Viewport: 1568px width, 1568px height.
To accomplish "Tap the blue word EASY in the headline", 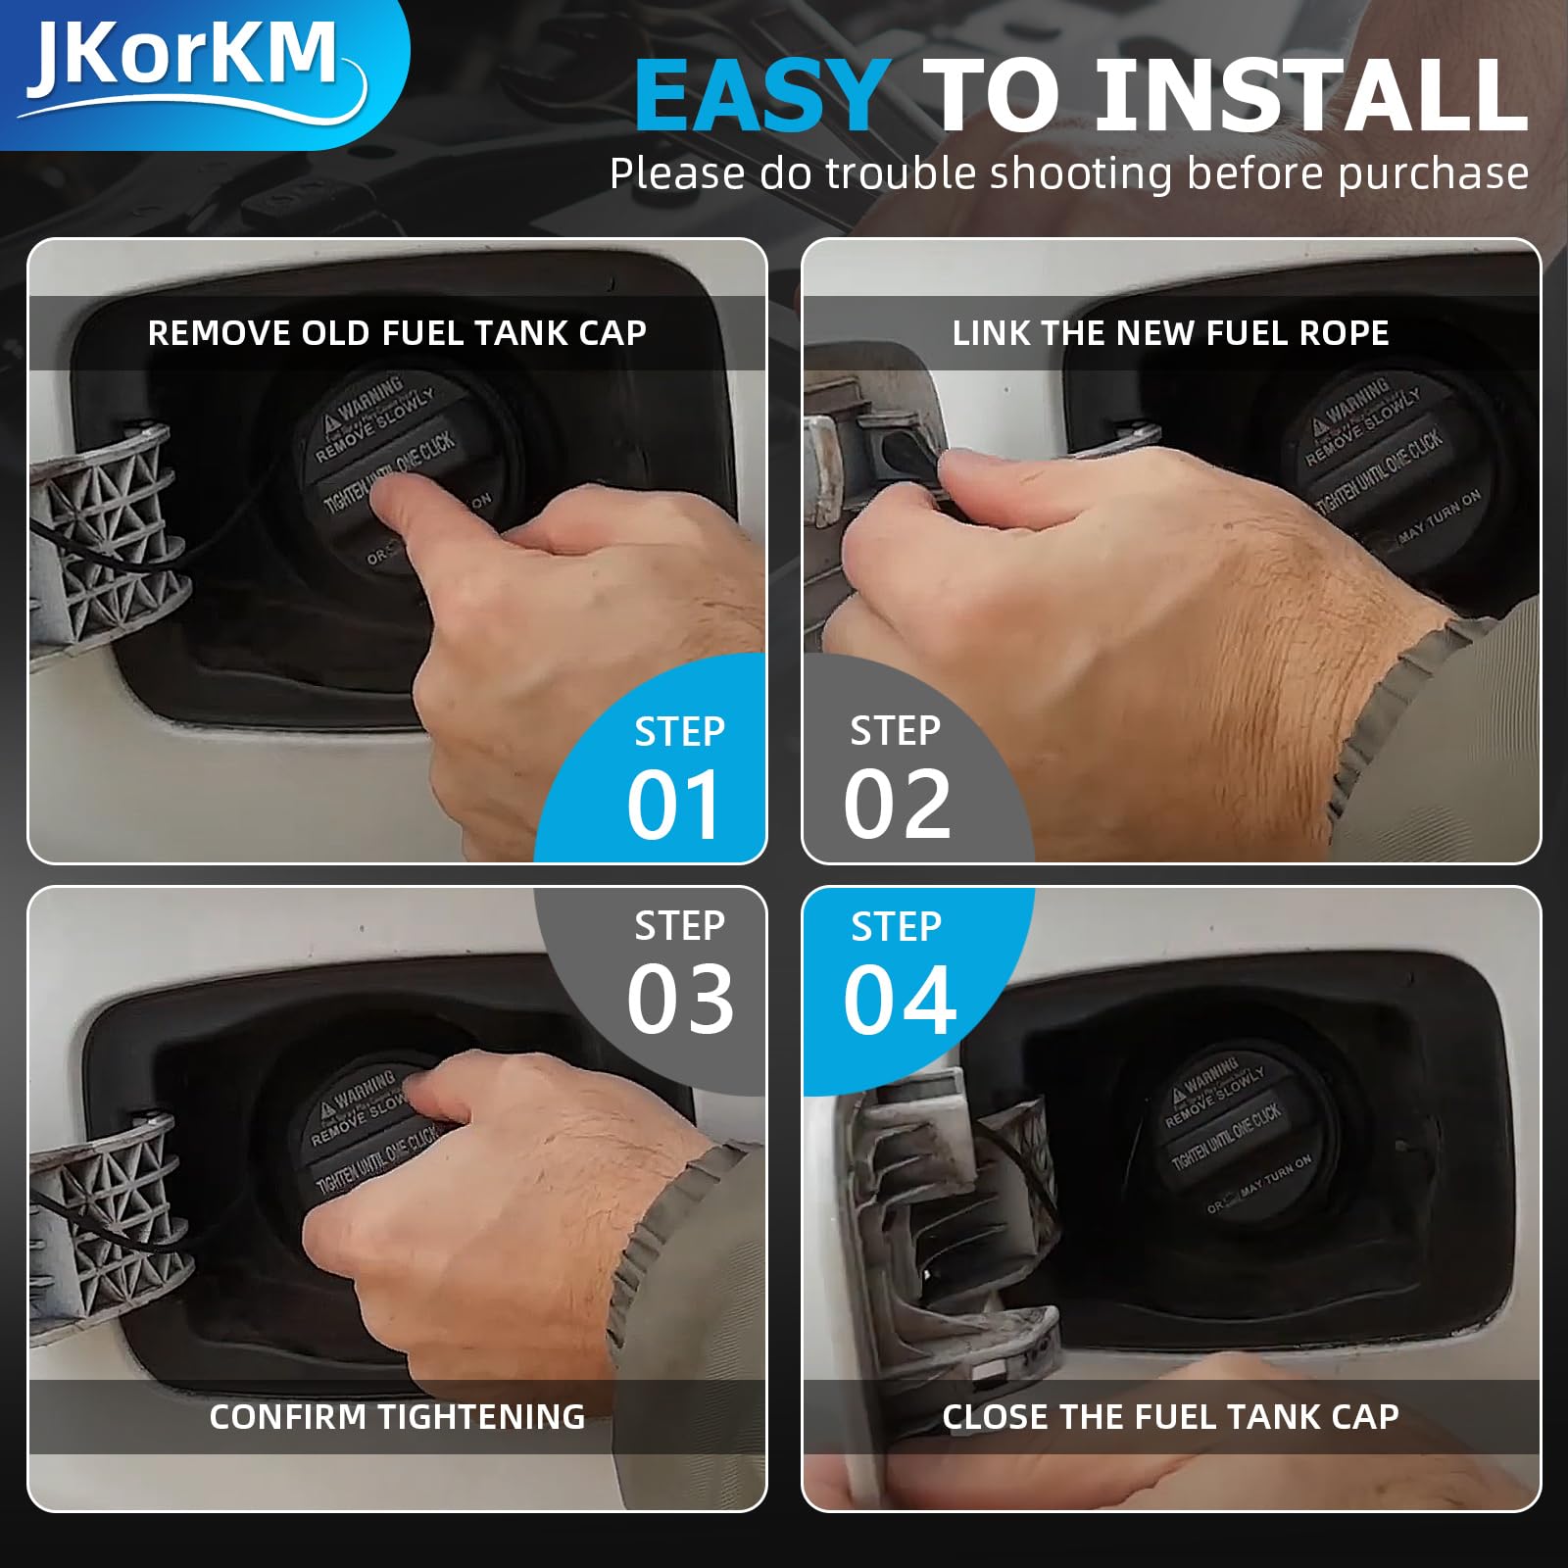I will point(761,97).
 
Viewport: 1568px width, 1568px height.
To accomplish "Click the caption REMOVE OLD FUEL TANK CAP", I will point(397,333).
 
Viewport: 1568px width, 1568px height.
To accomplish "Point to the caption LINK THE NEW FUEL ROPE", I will point(1170,333).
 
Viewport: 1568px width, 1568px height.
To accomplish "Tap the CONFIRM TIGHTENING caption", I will point(397,1417).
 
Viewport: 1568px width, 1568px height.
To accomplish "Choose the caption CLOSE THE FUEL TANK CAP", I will point(1170,1417).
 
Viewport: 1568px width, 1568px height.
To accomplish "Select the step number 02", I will point(897,806).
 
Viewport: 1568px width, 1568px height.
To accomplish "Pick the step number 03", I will point(680,1000).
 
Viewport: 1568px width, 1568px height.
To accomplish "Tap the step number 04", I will point(900,1000).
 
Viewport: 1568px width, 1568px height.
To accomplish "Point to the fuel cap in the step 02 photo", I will point(1392,461).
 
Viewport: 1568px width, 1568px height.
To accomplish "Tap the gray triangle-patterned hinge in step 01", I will point(103,539).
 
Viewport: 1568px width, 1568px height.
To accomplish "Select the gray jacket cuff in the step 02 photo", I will point(1392,706).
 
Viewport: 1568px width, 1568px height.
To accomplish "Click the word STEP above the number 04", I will point(896,927).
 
